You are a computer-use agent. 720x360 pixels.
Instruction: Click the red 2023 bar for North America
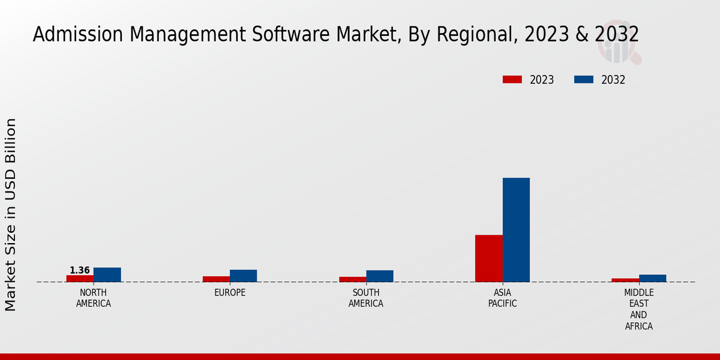[80, 278]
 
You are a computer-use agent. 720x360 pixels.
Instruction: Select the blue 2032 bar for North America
[107, 275]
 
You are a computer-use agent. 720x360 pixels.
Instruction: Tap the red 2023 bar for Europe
[216, 279]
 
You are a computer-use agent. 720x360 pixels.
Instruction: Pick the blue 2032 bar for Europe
[243, 276]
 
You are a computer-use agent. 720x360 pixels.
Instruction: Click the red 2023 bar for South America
[352, 279]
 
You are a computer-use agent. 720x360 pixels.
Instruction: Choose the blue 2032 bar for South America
[380, 276]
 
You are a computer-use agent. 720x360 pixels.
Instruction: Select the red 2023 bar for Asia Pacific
[488, 258]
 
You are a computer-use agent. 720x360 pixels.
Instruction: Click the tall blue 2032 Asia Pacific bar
[516, 230]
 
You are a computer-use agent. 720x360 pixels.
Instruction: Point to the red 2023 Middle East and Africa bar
[625, 280]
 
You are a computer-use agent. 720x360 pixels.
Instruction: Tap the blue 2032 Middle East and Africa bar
[652, 278]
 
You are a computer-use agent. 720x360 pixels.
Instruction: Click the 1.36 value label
[80, 271]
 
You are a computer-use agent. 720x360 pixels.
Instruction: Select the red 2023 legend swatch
[512, 80]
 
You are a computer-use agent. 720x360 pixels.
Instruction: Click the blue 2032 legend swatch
[584, 80]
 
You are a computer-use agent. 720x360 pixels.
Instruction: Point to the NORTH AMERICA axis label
[93, 298]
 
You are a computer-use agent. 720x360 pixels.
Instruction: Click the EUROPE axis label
[230, 293]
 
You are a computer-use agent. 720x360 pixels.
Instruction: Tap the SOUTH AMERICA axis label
[366, 298]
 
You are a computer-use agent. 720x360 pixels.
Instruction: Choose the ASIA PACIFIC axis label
[502, 298]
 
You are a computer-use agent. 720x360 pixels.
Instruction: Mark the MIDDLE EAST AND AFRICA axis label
[638, 310]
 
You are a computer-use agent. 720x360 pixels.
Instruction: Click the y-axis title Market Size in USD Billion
[11, 214]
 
